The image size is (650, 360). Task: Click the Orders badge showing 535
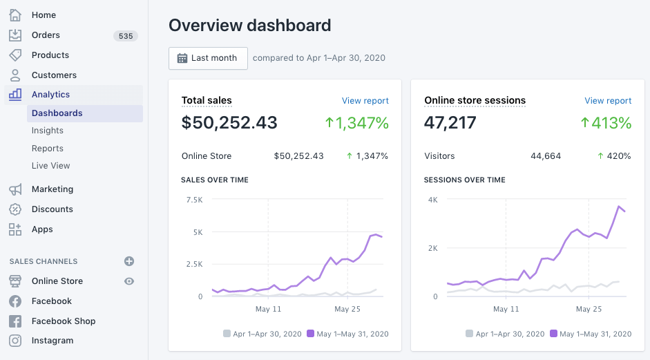[x=126, y=35]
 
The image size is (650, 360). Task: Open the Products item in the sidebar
[x=50, y=55]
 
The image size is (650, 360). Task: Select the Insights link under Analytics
[x=48, y=131]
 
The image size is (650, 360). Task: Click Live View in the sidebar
[x=51, y=166]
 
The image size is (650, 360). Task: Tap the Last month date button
[x=208, y=58]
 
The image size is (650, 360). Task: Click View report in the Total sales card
[x=365, y=101]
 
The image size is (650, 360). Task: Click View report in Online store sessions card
[x=608, y=101]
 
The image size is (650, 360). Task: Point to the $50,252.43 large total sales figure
[x=229, y=123]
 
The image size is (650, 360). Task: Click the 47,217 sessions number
[x=451, y=123]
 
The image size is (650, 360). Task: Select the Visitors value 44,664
[x=546, y=156]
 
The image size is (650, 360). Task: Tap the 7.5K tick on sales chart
[x=194, y=200]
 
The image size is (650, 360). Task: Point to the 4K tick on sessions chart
[x=432, y=200]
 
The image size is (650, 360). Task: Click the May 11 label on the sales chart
[x=268, y=309]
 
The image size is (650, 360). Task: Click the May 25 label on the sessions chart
[x=589, y=309]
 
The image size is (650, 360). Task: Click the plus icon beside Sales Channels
[x=129, y=261]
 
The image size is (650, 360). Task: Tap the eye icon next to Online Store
[x=129, y=281]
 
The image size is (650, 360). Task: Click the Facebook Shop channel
[x=64, y=321]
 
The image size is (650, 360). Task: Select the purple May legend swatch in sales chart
[x=310, y=334]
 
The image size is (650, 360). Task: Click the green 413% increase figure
[x=606, y=123]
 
